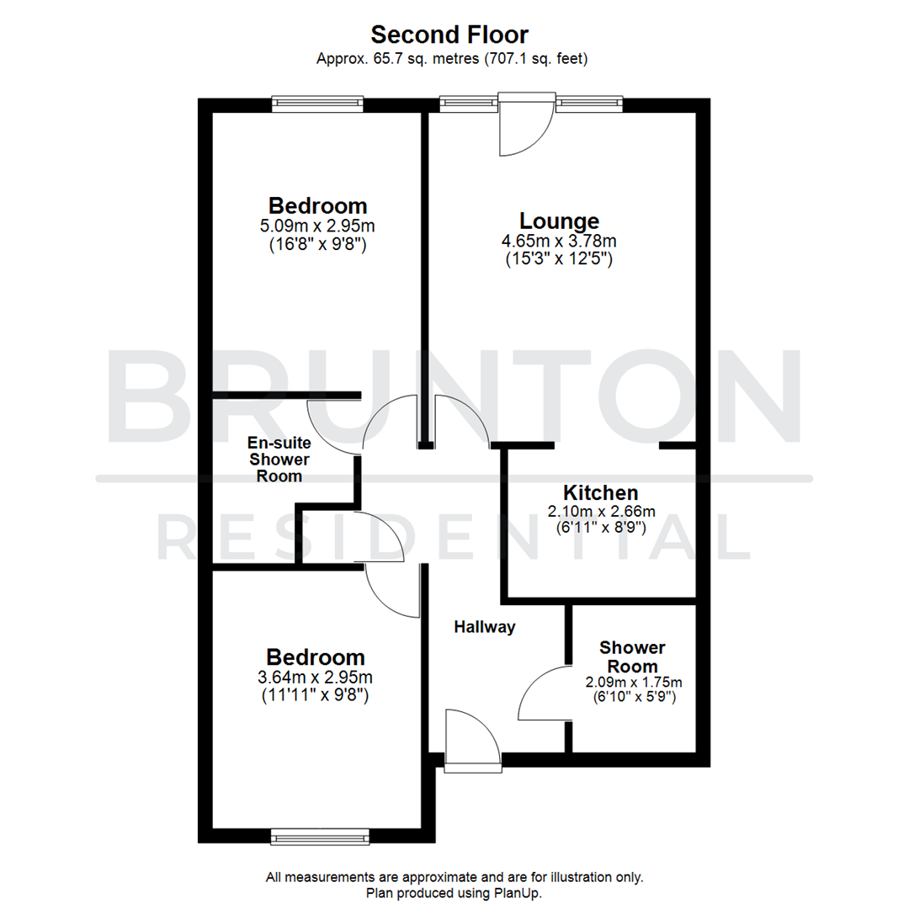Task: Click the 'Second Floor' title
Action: point(450,35)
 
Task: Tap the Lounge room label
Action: point(560,221)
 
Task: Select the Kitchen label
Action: point(601,492)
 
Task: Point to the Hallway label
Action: point(484,627)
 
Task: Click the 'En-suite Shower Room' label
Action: point(279,459)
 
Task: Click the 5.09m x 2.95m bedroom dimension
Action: point(318,226)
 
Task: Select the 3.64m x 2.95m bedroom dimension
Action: point(316,678)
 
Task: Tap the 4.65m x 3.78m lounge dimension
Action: point(560,241)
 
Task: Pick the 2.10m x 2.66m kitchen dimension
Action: point(601,511)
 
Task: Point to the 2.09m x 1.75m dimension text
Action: point(634,682)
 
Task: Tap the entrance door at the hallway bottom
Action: point(472,741)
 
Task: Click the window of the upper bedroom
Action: point(317,104)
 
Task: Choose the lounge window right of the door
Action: point(589,104)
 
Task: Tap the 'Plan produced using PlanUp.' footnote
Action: point(454,893)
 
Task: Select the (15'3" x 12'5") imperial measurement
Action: point(560,259)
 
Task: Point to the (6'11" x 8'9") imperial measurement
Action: point(601,529)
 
